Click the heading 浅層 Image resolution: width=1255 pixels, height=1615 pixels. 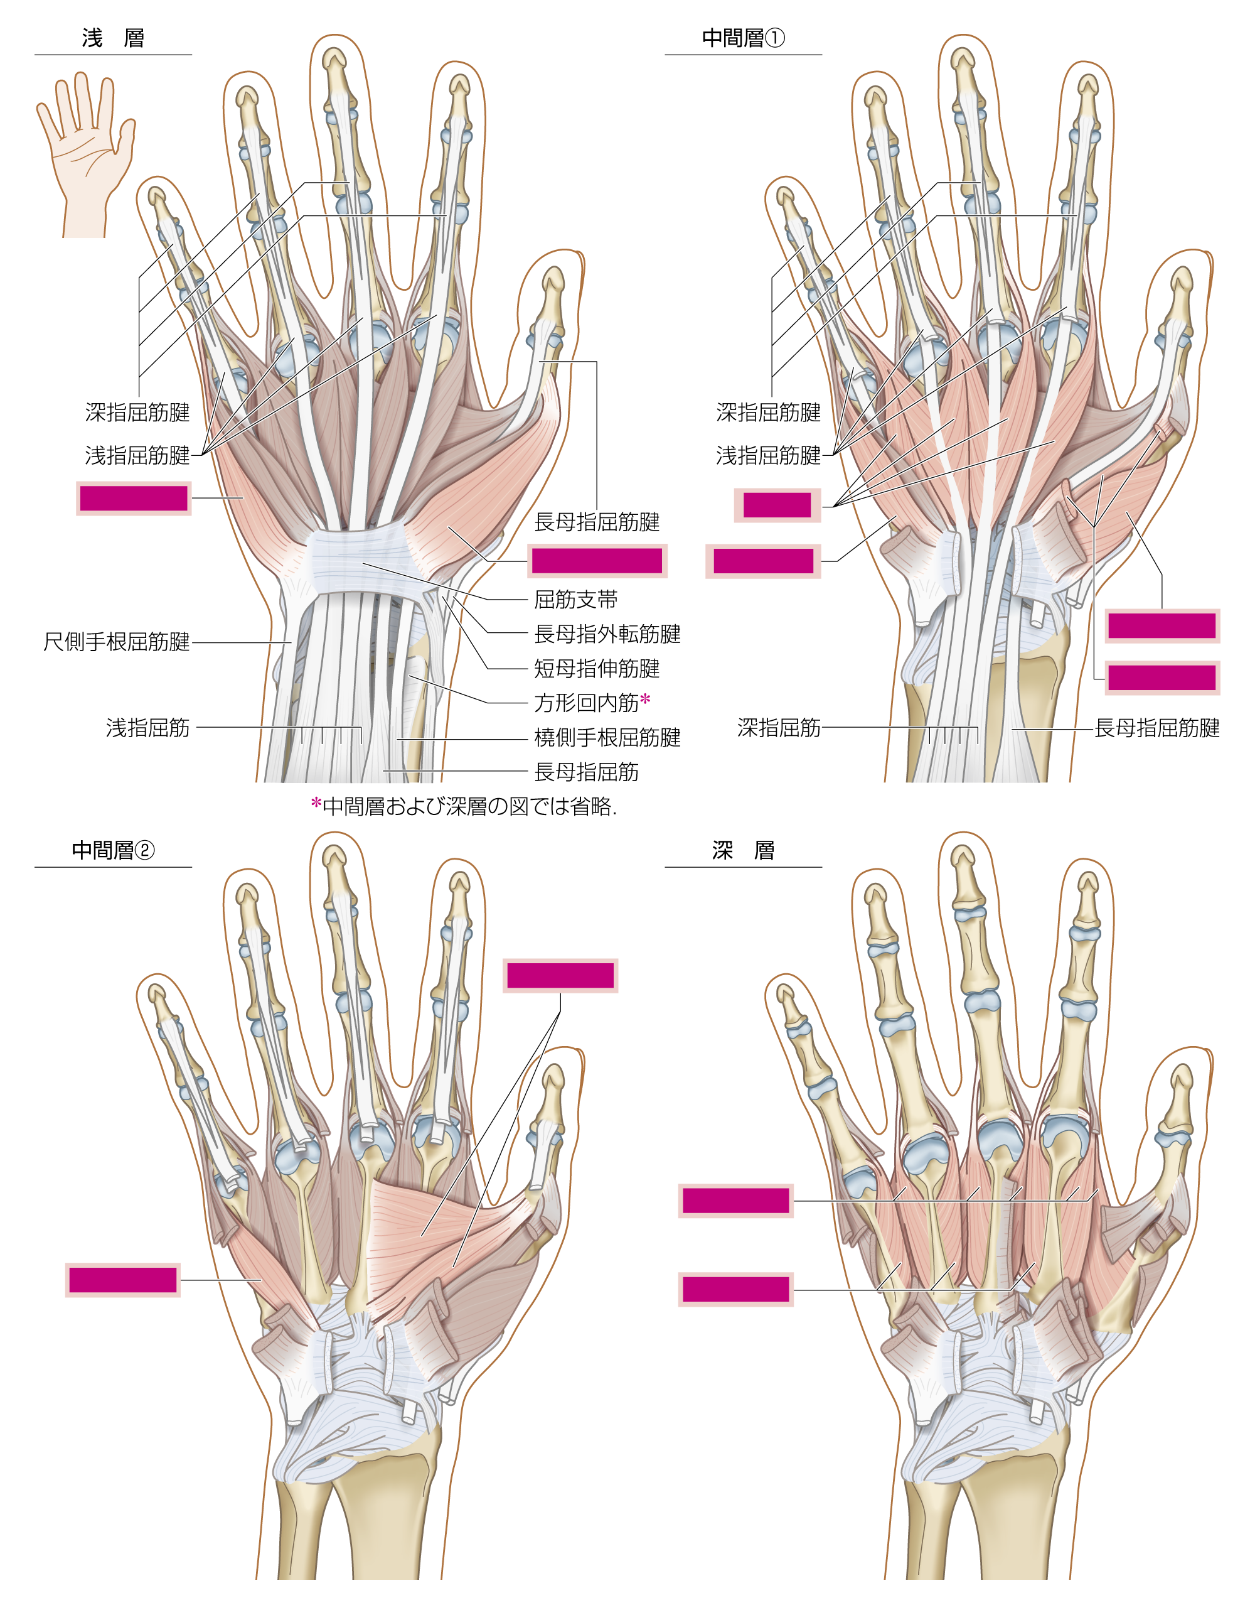click(x=113, y=38)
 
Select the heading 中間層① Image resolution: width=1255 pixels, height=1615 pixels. click(x=744, y=38)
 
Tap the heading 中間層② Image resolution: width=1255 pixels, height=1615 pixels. click(x=113, y=850)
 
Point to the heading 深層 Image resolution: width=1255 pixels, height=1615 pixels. click(x=744, y=850)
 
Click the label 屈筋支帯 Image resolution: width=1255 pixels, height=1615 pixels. click(x=576, y=599)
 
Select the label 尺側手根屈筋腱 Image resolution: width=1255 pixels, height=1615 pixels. click(x=117, y=641)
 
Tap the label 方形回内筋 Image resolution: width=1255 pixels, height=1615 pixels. click(x=586, y=703)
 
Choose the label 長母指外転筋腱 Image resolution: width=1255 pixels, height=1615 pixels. click(x=607, y=634)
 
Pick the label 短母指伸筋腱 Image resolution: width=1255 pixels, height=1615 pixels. click(x=597, y=669)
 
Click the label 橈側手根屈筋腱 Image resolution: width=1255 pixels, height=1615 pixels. click(x=607, y=737)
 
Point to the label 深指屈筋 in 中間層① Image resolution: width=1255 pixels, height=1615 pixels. click(x=779, y=728)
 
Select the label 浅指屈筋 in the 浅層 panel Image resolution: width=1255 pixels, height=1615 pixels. click(x=148, y=728)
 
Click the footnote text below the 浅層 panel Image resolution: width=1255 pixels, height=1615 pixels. click(x=464, y=806)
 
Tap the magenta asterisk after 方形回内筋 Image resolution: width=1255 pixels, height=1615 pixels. click(x=645, y=699)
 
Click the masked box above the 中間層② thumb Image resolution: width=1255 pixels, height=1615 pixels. click(x=560, y=975)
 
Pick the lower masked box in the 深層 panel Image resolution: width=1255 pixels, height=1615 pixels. click(x=736, y=1290)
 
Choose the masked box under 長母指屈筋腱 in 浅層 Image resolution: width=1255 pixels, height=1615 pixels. click(x=597, y=561)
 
